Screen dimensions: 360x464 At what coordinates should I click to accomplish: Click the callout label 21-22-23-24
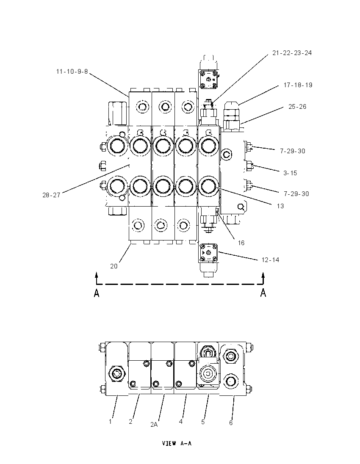click(292, 53)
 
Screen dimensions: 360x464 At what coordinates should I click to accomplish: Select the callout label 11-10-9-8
click(72, 71)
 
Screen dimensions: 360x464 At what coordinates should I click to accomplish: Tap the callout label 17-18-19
click(298, 85)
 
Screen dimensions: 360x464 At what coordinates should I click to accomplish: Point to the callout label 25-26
click(297, 107)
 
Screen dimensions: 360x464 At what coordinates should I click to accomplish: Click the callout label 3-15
click(290, 173)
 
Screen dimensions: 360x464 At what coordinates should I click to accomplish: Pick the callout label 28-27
click(52, 195)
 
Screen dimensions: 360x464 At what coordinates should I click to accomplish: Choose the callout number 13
click(280, 206)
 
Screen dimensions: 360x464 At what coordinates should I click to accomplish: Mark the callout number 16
click(241, 243)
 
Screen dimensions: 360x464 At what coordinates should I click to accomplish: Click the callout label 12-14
click(270, 260)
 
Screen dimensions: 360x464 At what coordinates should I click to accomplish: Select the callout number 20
click(114, 266)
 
